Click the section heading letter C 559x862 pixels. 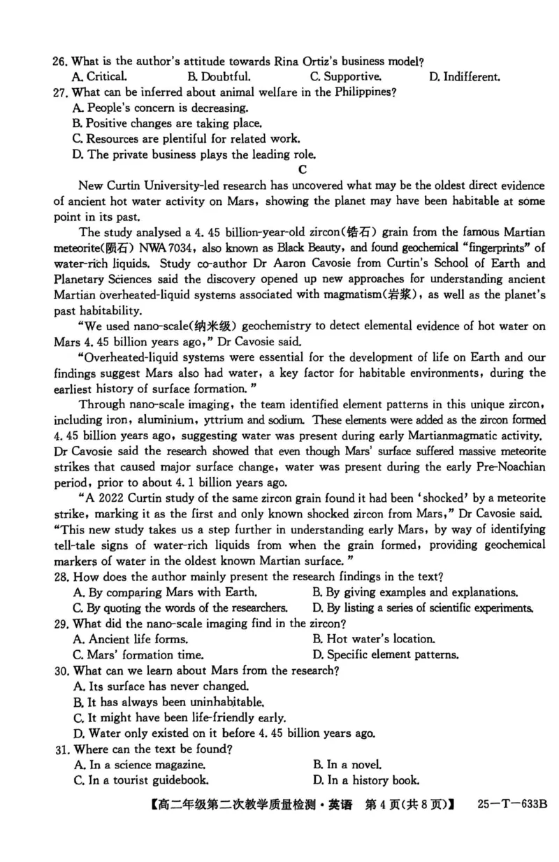click(302, 168)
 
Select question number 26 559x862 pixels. click(61, 62)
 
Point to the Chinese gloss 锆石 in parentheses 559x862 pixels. click(372, 231)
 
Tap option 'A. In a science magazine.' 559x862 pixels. click(139, 765)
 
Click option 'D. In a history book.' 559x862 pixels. click(366, 780)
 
